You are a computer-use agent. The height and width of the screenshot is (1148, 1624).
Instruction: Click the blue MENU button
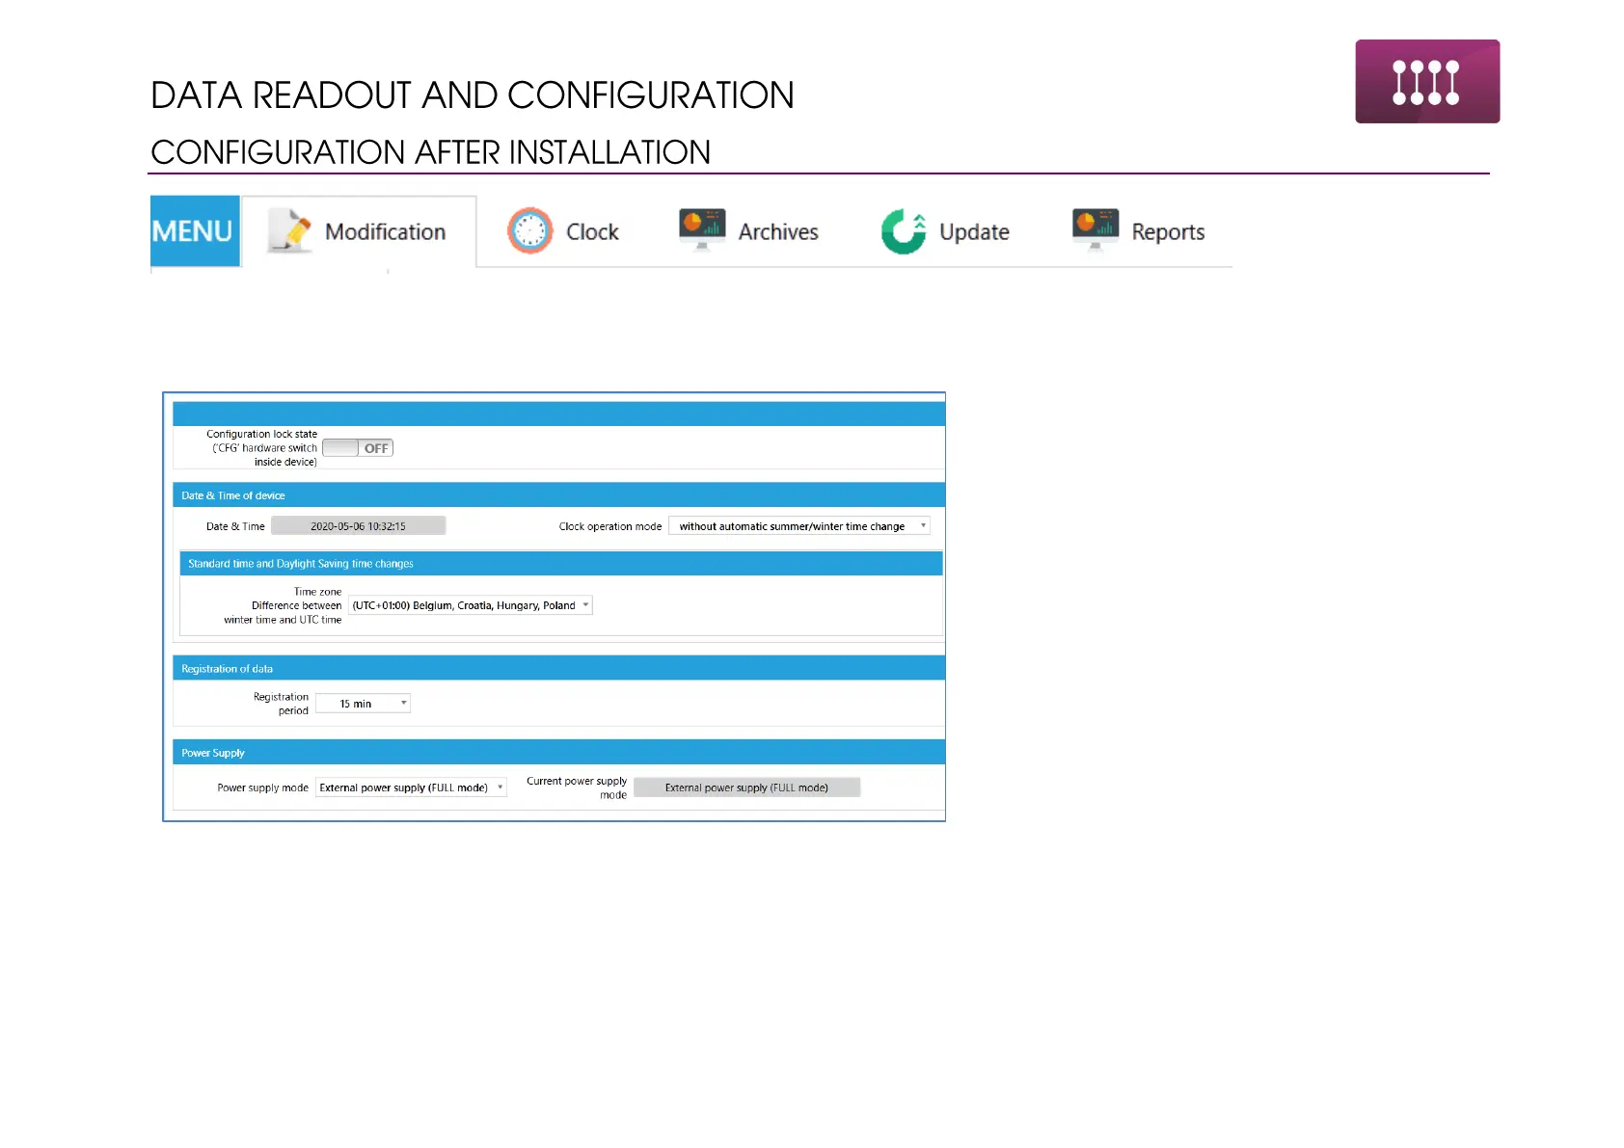click(x=195, y=231)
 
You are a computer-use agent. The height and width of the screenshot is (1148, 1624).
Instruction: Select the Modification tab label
click(x=385, y=232)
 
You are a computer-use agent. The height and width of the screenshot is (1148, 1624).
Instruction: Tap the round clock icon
click(x=530, y=231)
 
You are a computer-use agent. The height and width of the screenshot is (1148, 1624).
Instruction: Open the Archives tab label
click(x=778, y=232)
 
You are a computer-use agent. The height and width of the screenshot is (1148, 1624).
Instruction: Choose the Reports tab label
click(x=1168, y=232)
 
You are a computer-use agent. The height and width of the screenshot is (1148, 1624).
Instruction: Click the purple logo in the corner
click(x=1427, y=81)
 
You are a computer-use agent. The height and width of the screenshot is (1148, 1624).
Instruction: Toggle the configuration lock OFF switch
click(x=358, y=448)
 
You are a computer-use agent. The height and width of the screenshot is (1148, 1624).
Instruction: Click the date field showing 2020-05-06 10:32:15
click(x=358, y=526)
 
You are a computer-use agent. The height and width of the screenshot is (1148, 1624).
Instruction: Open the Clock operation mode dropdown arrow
click(x=923, y=525)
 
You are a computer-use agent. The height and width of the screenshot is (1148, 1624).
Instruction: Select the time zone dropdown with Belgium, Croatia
click(x=470, y=605)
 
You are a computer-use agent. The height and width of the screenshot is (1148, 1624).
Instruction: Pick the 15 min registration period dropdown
click(x=364, y=703)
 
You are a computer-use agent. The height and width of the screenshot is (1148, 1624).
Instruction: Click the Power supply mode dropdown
click(x=411, y=788)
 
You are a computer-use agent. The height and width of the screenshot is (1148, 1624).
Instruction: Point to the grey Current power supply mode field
click(x=746, y=788)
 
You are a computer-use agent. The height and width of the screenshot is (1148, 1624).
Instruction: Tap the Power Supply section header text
click(x=213, y=753)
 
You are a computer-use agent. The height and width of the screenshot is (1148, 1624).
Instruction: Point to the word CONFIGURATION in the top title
click(x=650, y=94)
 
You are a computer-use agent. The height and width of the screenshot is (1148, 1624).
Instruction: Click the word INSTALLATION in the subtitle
click(x=609, y=152)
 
